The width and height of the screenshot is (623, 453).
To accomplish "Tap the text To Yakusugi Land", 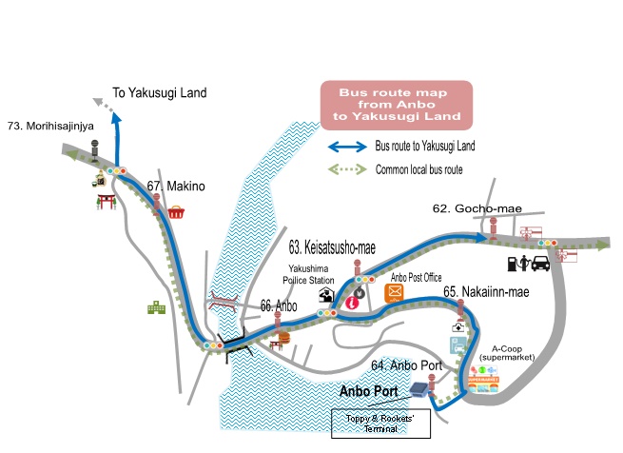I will pyautogui.click(x=159, y=93).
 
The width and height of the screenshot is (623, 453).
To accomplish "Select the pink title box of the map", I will pyautogui.click(x=396, y=107).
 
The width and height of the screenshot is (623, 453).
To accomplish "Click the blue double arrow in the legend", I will pyautogui.click(x=347, y=147).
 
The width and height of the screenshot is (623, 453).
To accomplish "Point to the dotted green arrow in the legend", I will pyautogui.click(x=347, y=168).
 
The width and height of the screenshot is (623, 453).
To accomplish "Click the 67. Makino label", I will pyautogui.click(x=176, y=187).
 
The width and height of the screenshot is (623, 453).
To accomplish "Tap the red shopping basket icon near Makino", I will pyautogui.click(x=176, y=214).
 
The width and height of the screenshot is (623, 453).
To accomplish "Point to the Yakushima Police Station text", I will pyautogui.click(x=311, y=275).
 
